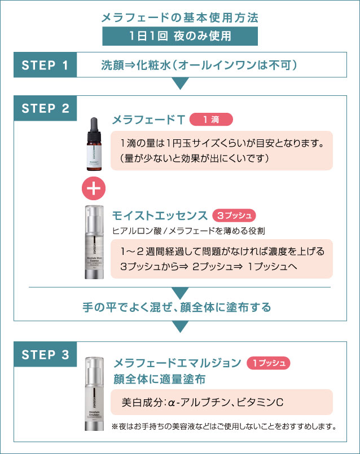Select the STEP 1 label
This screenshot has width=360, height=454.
(45, 65)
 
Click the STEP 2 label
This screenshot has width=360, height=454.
(45, 108)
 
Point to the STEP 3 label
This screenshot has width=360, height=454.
(45, 354)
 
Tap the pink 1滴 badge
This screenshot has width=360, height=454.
(211, 120)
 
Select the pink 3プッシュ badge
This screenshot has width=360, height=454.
(234, 215)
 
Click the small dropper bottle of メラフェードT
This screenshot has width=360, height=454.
(95, 142)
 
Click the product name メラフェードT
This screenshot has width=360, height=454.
(148, 120)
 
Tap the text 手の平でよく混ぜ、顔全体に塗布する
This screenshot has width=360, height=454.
(177, 307)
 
